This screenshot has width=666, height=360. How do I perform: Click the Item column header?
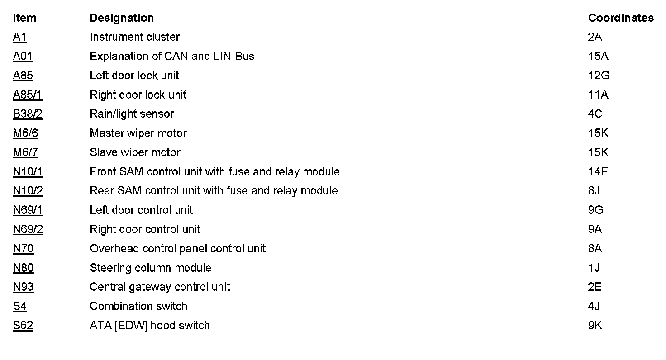tap(24, 18)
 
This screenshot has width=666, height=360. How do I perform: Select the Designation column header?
tap(122, 18)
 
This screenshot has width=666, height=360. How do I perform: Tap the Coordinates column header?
tap(621, 18)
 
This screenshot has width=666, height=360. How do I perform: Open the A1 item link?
tap(20, 37)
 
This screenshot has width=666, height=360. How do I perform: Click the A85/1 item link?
tap(28, 95)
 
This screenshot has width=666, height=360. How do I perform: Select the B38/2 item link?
tap(28, 114)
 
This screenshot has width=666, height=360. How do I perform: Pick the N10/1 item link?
tap(28, 172)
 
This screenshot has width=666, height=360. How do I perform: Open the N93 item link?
tap(23, 287)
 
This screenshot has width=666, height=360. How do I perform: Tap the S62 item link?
tap(23, 326)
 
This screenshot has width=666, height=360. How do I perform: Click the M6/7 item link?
tap(25, 152)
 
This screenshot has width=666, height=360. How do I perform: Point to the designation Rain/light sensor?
tap(132, 114)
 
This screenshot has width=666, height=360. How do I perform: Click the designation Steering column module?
tap(151, 268)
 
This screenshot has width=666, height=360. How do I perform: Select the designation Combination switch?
tap(138, 306)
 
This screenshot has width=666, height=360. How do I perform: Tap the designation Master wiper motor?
tap(138, 133)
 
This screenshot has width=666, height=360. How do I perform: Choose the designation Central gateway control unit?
tap(160, 287)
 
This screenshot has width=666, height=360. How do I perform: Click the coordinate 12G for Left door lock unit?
tap(599, 76)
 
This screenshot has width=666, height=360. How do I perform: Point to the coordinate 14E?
tap(598, 172)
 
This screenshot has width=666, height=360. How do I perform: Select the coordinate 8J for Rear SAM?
tap(594, 191)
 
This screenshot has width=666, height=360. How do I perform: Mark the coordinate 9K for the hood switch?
tap(595, 326)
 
